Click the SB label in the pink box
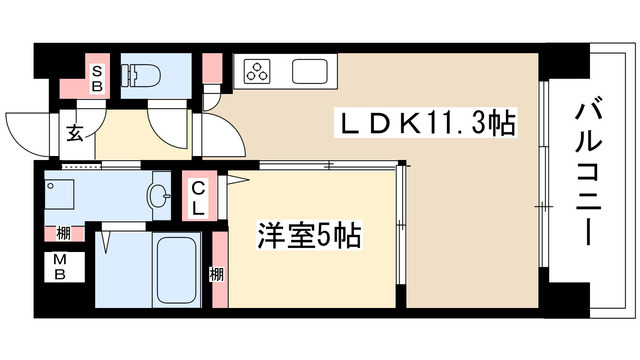point(99,77)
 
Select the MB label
point(62,269)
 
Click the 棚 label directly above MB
point(62,234)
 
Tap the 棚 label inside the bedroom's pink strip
point(216,272)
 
